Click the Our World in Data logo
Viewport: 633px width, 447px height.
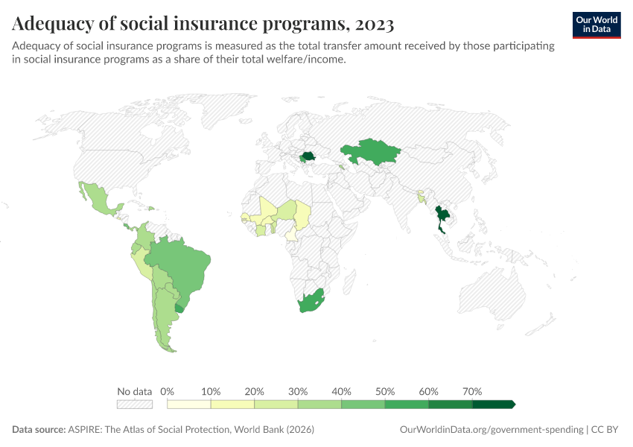(596, 25)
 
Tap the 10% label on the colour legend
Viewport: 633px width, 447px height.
(211, 391)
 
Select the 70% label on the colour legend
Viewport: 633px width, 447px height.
(472, 391)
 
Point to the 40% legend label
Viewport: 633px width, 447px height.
(341, 391)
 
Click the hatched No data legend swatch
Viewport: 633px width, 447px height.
(134, 404)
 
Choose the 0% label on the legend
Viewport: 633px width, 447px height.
(168, 391)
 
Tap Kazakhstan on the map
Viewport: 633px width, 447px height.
(370, 152)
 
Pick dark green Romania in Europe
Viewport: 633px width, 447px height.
(305, 156)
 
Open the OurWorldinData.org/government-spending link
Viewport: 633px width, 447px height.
(492, 430)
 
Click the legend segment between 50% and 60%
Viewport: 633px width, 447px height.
(407, 404)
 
